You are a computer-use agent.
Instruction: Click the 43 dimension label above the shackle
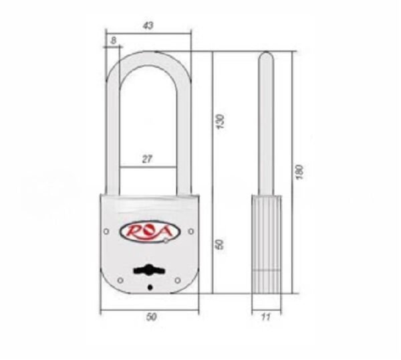click(x=148, y=25)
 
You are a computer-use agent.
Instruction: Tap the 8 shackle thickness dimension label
click(x=114, y=40)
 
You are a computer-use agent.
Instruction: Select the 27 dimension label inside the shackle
click(x=147, y=159)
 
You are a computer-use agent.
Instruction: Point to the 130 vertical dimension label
click(x=220, y=121)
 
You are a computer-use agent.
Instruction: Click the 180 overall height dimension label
click(x=299, y=172)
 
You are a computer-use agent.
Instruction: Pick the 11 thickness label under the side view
click(x=266, y=317)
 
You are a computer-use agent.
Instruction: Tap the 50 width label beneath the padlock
click(x=151, y=317)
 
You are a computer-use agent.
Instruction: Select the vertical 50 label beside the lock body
click(x=220, y=244)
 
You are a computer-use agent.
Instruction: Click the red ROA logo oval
click(x=150, y=232)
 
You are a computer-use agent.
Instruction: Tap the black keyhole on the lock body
click(x=148, y=270)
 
